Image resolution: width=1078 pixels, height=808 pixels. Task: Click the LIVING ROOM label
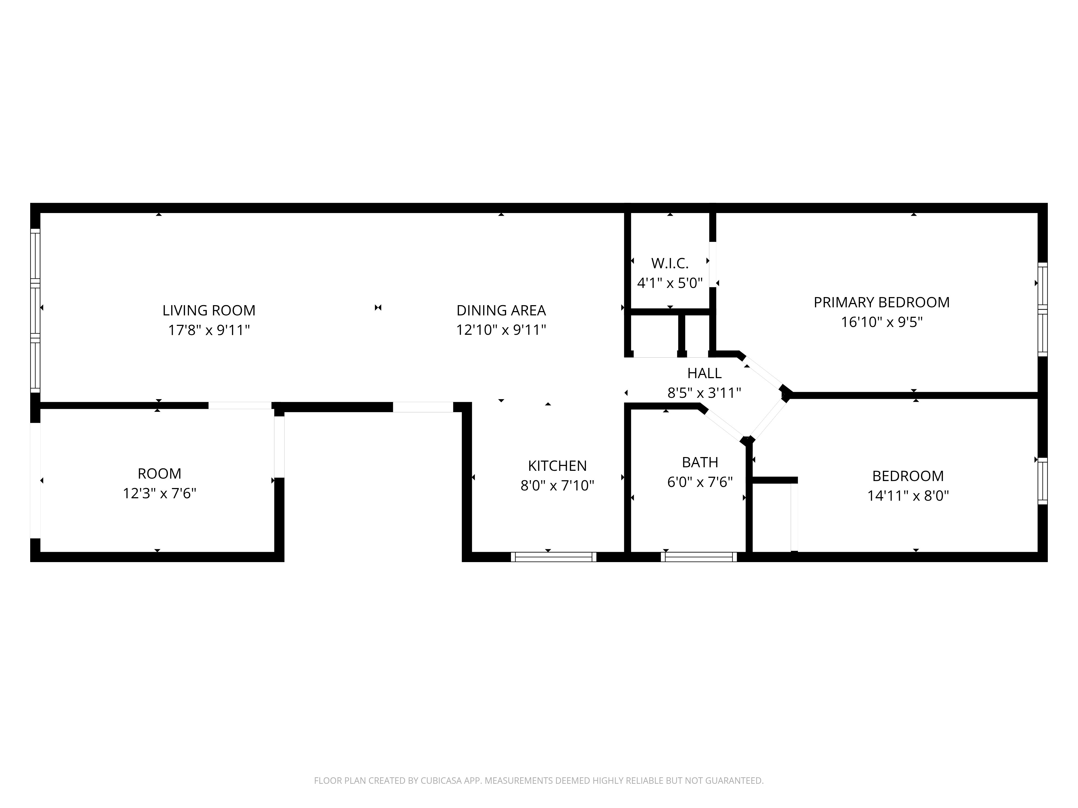pos(209,310)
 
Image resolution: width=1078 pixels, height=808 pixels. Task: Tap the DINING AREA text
pos(501,310)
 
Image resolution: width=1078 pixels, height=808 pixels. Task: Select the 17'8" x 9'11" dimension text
pos(209,330)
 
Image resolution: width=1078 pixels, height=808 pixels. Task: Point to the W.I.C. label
pos(670,263)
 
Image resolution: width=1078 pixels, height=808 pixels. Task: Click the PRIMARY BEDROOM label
pos(882,302)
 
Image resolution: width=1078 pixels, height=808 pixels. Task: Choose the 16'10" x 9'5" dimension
pos(882,322)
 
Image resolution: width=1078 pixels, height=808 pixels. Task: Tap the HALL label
pos(704,373)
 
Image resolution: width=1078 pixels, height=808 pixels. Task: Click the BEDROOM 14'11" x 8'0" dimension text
pos(908,496)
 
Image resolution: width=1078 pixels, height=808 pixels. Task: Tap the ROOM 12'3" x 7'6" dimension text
pos(159,493)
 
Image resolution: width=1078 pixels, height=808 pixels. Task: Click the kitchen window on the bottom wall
pos(554,557)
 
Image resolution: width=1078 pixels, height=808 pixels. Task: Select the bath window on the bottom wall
pos(699,557)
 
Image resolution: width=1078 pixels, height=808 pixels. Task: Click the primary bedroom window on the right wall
pos(1042,310)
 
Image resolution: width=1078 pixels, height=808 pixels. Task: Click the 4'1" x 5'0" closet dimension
pos(670,283)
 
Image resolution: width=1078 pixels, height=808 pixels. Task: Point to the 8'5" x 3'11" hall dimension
pos(704,393)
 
